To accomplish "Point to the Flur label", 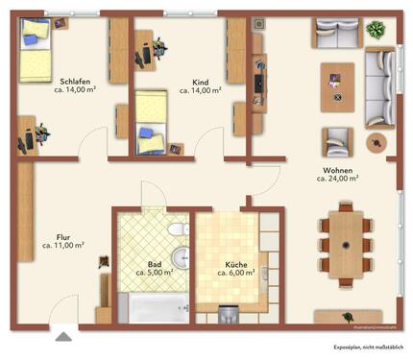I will pos(62,234).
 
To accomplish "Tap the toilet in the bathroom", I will pos(176,230).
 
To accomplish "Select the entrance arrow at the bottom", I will pos(63,337).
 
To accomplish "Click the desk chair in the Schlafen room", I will pos(23,140).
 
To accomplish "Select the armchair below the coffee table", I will pos(336,141).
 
